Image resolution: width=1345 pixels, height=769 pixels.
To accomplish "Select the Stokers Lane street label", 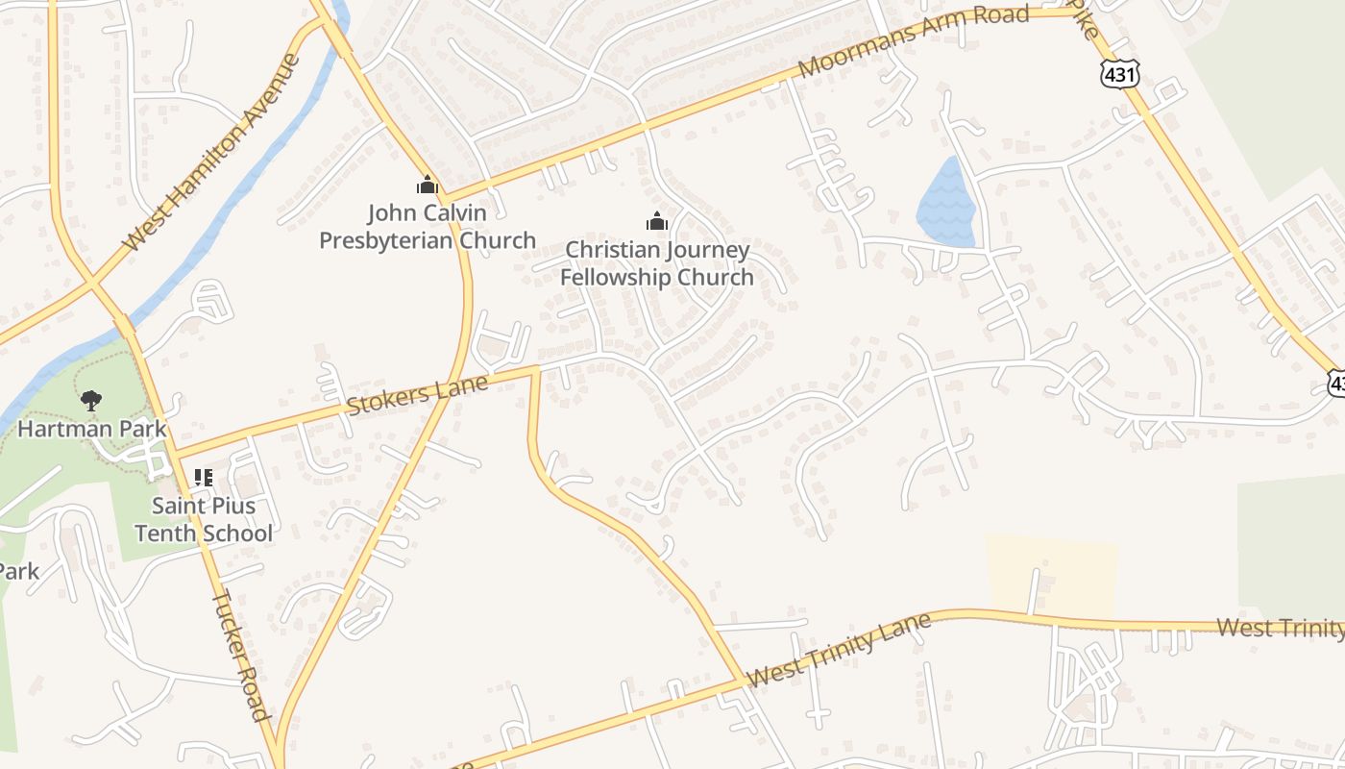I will [x=417, y=394].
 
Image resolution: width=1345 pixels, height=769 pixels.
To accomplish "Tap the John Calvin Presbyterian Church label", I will [x=428, y=227].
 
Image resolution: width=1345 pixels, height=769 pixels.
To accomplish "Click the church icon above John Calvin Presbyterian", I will [x=428, y=185].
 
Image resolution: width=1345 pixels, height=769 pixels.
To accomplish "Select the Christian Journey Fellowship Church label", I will [x=657, y=263].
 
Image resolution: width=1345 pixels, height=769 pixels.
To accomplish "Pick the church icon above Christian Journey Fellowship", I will [x=657, y=222].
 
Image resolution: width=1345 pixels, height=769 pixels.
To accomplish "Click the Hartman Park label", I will [x=92, y=429].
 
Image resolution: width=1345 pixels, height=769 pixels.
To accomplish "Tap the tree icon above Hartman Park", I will [x=91, y=401].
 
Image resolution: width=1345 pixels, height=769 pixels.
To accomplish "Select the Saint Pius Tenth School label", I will [x=204, y=519].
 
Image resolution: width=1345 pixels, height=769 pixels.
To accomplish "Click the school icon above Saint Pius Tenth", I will [x=203, y=477].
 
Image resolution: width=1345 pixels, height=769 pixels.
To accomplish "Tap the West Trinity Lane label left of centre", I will [x=838, y=650].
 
